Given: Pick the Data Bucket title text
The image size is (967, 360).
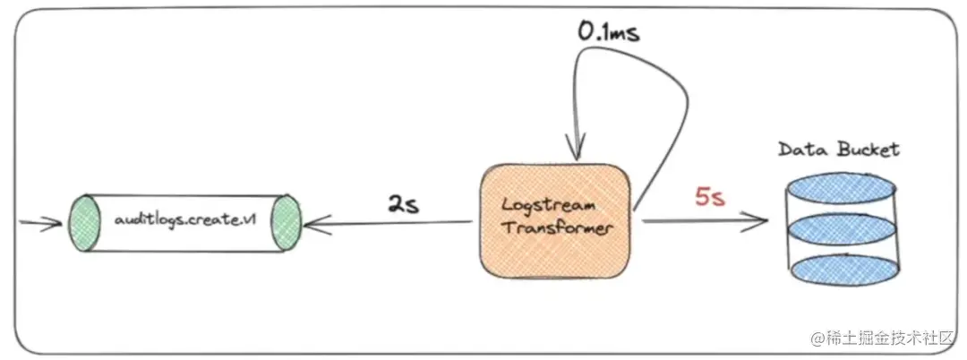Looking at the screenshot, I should (x=839, y=150).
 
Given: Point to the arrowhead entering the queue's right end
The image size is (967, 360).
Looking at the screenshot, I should (x=311, y=224).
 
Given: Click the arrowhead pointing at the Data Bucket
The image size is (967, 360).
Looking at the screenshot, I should (x=761, y=220).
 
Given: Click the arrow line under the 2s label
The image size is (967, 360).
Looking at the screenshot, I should (x=394, y=224).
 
